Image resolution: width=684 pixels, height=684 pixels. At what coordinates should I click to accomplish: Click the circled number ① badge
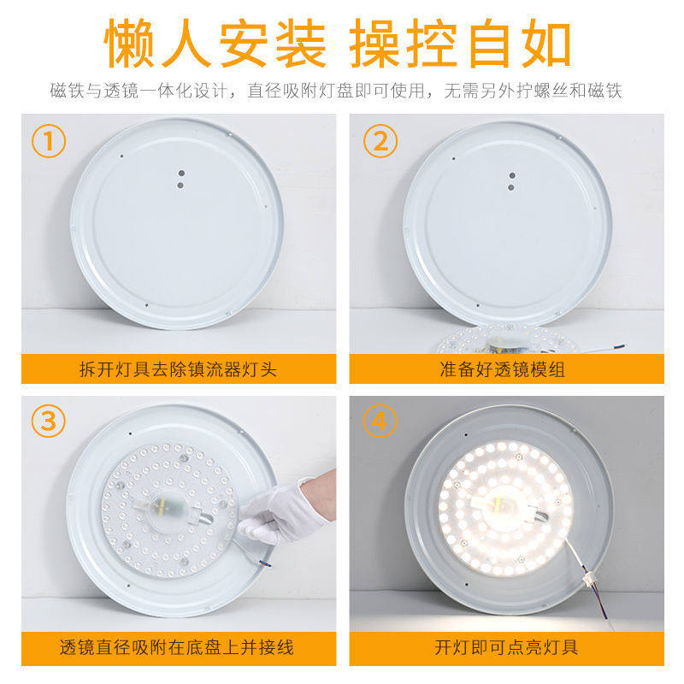pos(49,141)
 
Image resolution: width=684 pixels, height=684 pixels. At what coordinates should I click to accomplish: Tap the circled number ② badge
pos(380,141)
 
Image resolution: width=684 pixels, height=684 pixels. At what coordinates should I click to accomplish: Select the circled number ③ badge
pos(49,421)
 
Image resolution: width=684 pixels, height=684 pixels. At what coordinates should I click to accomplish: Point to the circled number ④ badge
pos(380,421)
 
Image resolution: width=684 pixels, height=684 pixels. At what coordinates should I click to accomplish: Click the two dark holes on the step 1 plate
pos(180,176)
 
